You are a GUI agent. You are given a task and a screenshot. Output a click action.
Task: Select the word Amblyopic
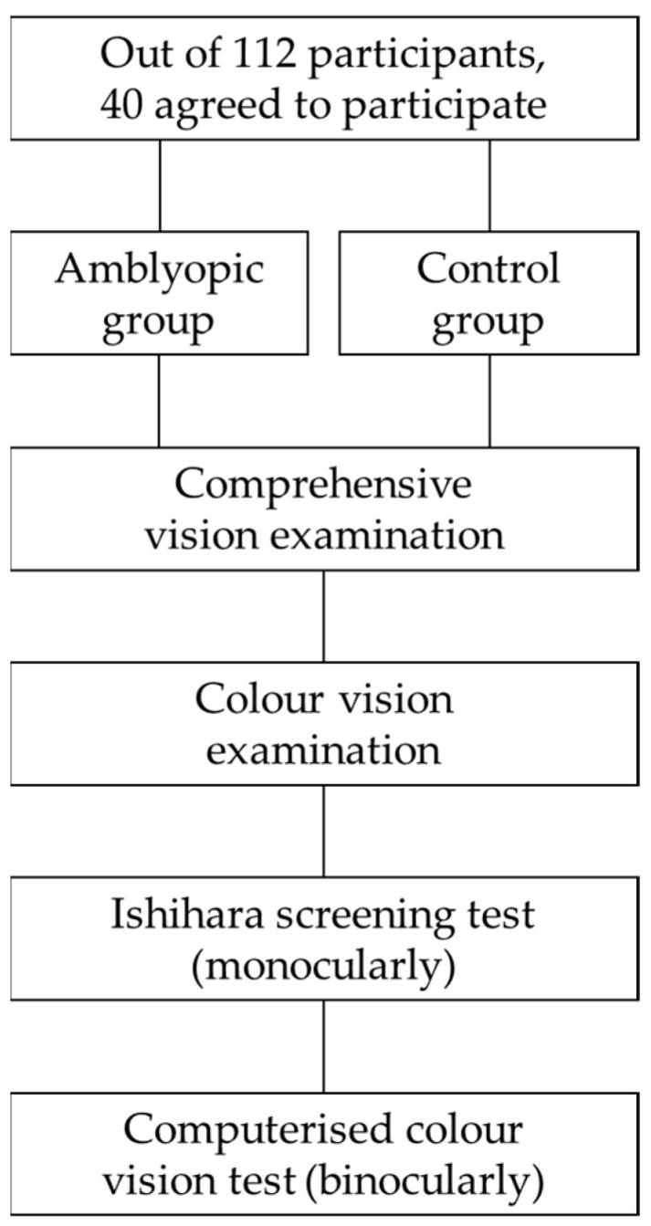(x=159, y=269)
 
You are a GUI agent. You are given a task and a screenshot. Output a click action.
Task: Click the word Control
(x=488, y=269)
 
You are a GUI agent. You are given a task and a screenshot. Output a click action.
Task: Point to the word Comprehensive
(x=324, y=485)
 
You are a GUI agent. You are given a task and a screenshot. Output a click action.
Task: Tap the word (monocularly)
(x=324, y=967)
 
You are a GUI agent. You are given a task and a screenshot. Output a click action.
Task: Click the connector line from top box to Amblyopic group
(x=160, y=184)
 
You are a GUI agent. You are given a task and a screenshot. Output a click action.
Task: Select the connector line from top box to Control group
(x=490, y=184)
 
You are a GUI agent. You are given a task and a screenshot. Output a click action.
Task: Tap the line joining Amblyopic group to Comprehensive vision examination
(x=159, y=400)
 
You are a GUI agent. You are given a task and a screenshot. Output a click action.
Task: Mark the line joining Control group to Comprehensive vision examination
(x=490, y=400)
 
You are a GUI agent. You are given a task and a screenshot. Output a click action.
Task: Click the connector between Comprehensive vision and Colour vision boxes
(x=324, y=615)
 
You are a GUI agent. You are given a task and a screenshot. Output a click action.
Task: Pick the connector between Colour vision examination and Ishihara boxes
(x=324, y=831)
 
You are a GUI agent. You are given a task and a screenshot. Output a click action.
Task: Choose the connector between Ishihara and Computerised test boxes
(x=324, y=1046)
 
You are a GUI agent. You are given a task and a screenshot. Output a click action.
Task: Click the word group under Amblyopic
(x=159, y=322)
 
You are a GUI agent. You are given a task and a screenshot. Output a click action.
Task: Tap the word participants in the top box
(x=426, y=55)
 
